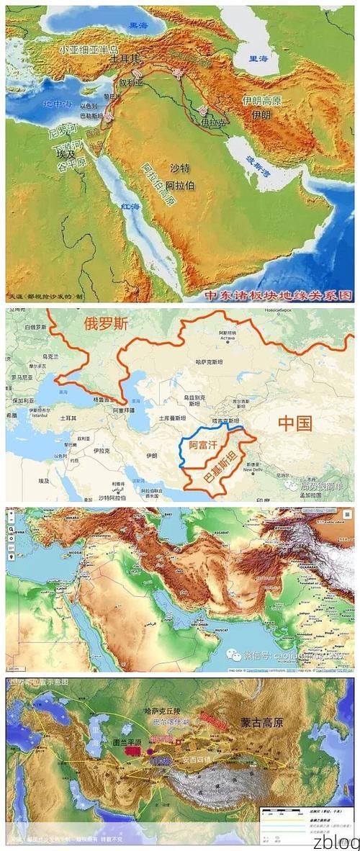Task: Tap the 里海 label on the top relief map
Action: click(x=258, y=58)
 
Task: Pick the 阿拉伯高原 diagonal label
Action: click(x=158, y=183)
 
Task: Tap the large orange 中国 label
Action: click(x=294, y=424)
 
